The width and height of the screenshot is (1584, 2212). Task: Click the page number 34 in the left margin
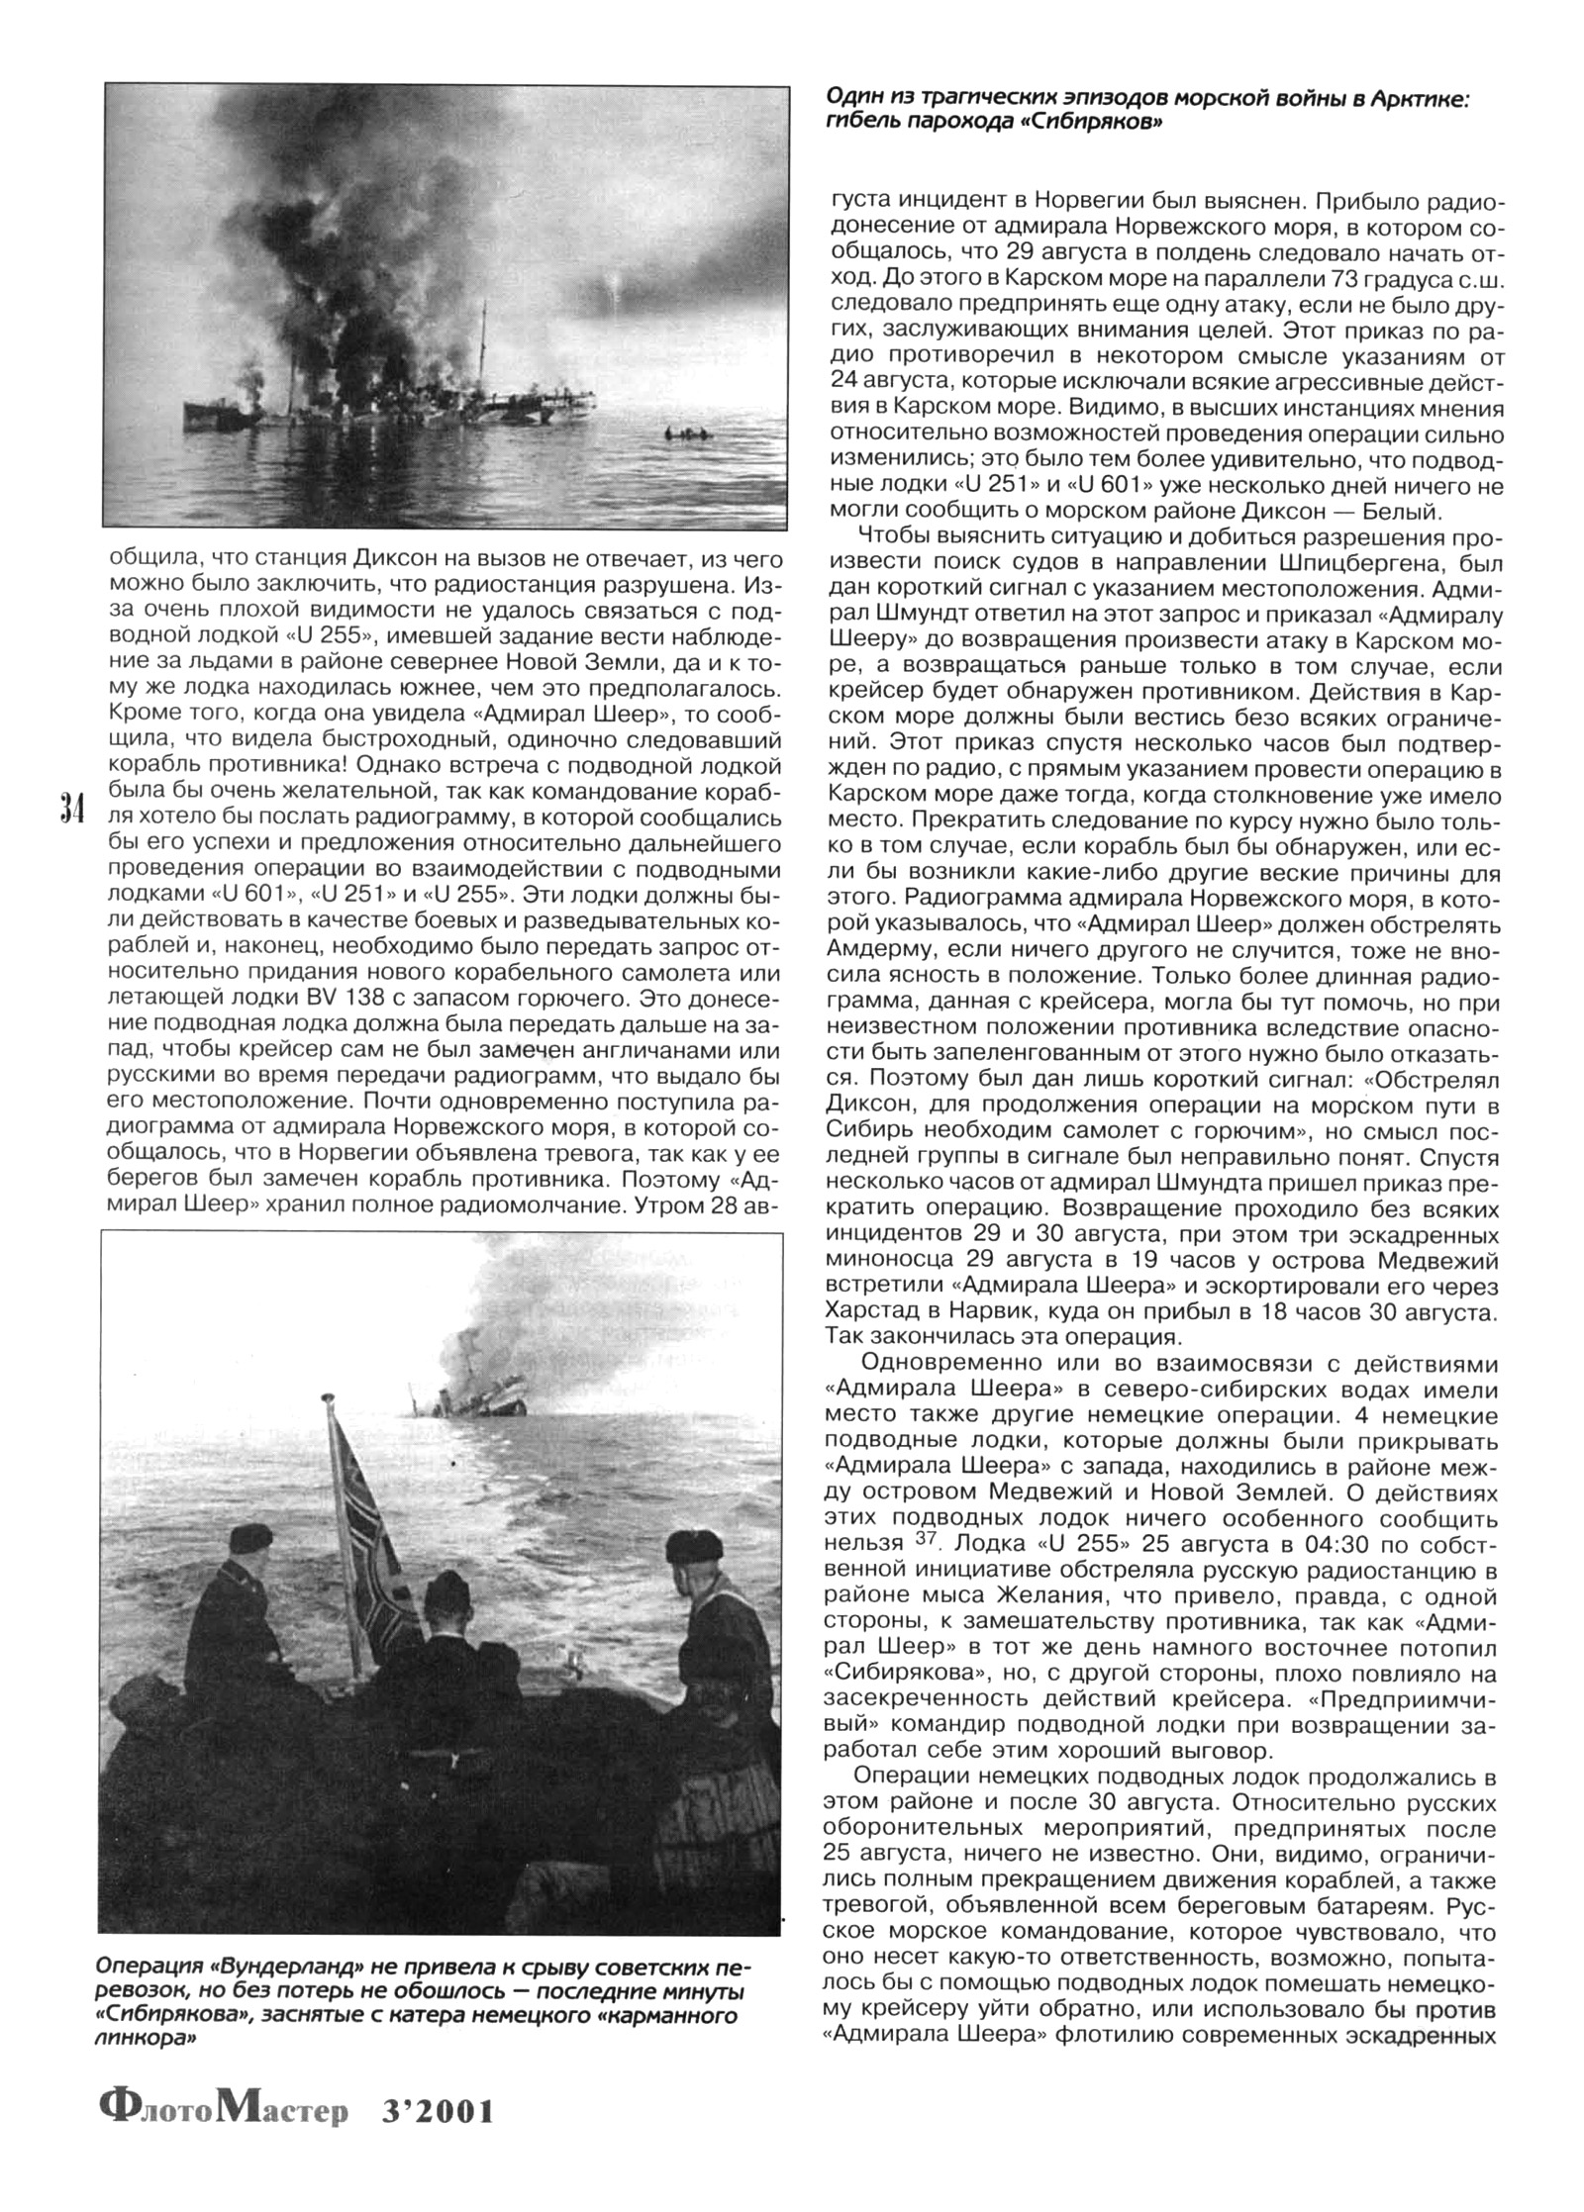[x=70, y=809]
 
